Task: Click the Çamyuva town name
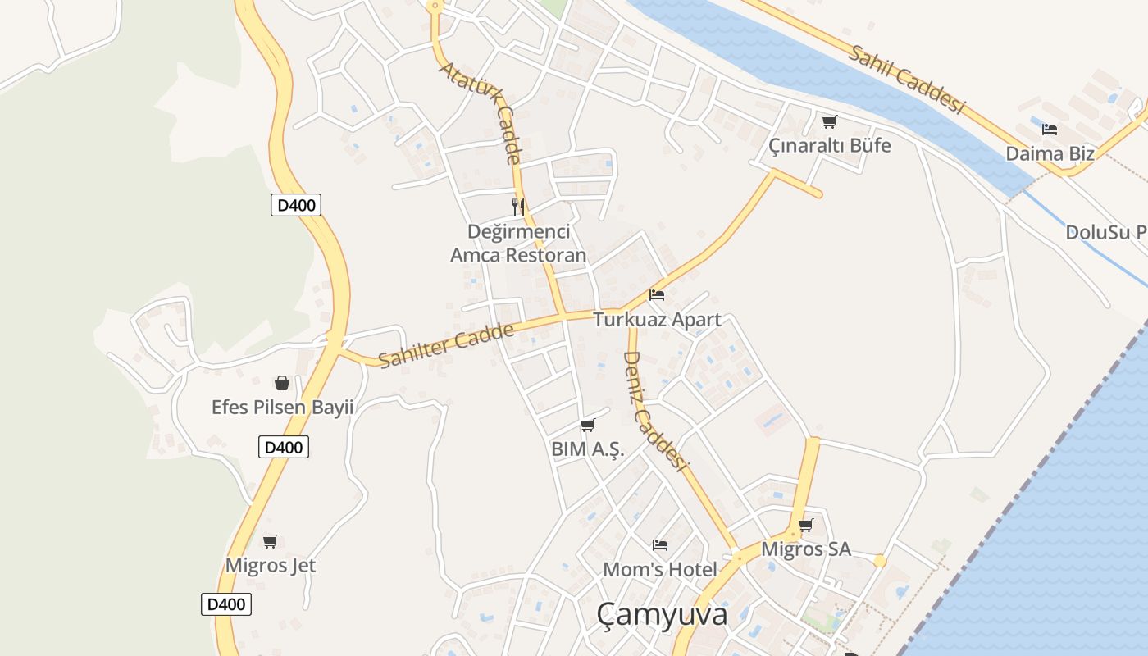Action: pos(662,614)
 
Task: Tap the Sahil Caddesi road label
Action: pos(906,79)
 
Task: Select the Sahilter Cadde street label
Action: pos(446,345)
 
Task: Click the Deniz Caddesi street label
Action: pos(654,411)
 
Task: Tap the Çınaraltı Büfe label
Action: pos(829,146)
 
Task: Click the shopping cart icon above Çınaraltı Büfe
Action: pos(829,122)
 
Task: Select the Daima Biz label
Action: pos(1050,153)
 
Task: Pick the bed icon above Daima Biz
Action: pos(1049,129)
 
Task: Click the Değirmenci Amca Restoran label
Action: pos(518,244)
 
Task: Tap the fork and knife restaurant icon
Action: pos(518,206)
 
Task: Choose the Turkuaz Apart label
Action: pos(657,320)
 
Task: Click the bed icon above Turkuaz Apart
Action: pos(656,295)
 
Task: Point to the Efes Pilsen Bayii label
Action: pos(282,408)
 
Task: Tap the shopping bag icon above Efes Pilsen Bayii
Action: pos(281,383)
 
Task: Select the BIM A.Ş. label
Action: pos(588,449)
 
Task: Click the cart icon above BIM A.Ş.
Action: pos(587,425)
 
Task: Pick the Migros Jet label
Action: pos(271,566)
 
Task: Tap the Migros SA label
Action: pos(806,549)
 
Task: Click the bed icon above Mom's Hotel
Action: pos(659,544)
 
